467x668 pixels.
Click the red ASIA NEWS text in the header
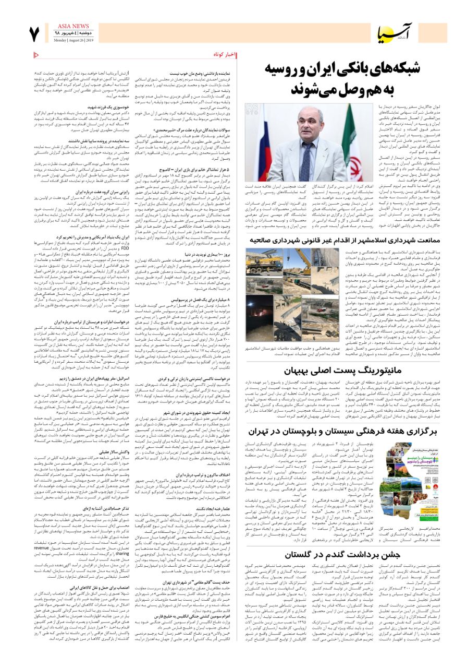pyautogui.click(x=73, y=26)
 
